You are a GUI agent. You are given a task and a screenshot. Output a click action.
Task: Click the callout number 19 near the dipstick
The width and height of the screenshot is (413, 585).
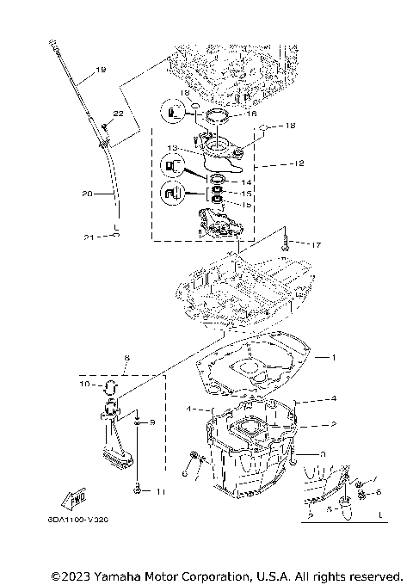pos(102,70)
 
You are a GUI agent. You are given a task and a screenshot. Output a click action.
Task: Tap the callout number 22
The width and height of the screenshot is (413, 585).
pos(119,114)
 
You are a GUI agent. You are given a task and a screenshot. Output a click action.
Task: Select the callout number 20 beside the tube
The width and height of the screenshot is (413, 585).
pos(87,194)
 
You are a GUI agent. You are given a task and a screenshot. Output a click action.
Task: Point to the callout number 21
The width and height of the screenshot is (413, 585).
pos(89,237)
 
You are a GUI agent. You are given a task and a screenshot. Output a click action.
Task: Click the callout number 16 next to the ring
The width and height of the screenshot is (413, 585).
pos(252,113)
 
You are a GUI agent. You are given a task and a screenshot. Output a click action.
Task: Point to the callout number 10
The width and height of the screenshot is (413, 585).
pos(85,385)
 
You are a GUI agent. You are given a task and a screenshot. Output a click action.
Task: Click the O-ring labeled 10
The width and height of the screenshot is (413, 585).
pos(110,385)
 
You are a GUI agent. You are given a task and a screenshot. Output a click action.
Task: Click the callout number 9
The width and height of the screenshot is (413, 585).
pos(152,423)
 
